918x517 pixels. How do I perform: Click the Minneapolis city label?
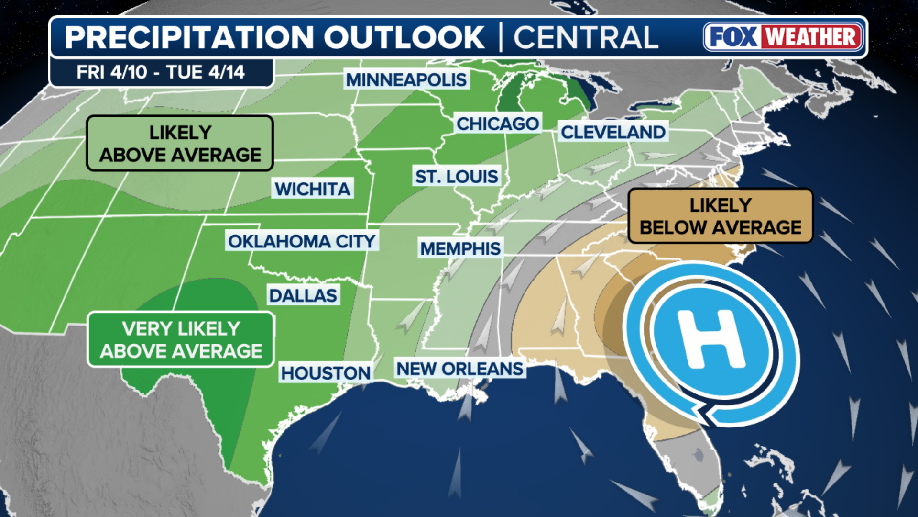point(406,79)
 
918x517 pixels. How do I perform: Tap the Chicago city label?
point(497,124)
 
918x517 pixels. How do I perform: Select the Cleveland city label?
point(612,132)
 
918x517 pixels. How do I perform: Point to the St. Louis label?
point(456,177)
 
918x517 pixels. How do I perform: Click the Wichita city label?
point(312,189)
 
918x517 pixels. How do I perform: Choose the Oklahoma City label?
point(302,241)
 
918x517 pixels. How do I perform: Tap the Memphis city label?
point(460,248)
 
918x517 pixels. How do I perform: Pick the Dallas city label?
point(303,295)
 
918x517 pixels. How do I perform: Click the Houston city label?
point(325,373)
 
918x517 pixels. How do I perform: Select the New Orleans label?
point(459,369)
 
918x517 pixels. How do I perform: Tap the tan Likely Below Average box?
point(720,216)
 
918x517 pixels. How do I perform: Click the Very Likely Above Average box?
point(181,339)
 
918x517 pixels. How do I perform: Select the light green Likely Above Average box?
point(180,143)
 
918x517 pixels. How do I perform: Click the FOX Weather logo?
point(784,37)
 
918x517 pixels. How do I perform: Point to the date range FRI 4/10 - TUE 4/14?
point(161,72)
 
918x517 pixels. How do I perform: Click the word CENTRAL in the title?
point(585,37)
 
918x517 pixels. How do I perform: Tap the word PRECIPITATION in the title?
point(189,37)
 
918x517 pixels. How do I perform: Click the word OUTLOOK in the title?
point(404,37)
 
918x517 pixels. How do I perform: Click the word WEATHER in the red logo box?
point(811,37)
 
